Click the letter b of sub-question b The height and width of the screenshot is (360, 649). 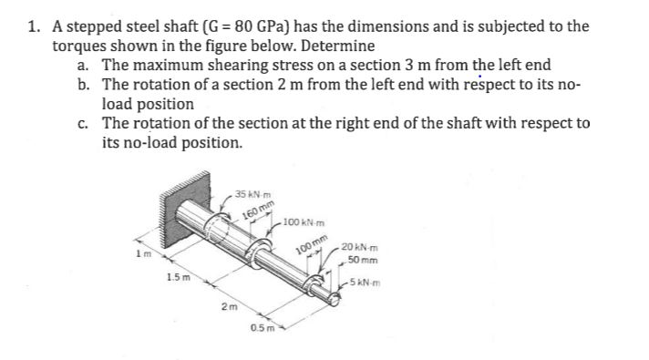(83, 85)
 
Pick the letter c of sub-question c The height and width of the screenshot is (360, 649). (83, 124)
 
